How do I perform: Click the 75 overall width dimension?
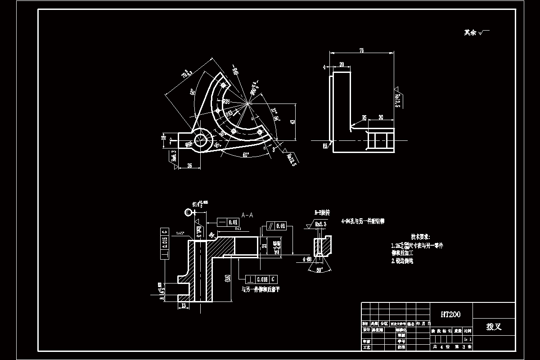coord(361,51)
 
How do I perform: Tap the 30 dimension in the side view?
coord(381,117)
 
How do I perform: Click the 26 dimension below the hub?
coord(189,166)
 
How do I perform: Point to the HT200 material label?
coord(450,315)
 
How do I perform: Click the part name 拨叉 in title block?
coord(494,327)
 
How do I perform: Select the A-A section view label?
coord(247,215)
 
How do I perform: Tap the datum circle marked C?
coord(188,212)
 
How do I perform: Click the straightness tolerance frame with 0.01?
coord(228,222)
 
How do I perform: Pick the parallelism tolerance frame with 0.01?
coord(277,225)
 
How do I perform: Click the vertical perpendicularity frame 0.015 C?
coord(164,244)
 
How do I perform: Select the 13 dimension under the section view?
coord(183,305)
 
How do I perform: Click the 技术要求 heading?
coord(420,237)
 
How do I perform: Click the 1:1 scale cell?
coord(468,339)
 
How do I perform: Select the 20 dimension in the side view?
coord(342,65)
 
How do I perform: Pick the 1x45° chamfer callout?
coord(180,233)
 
